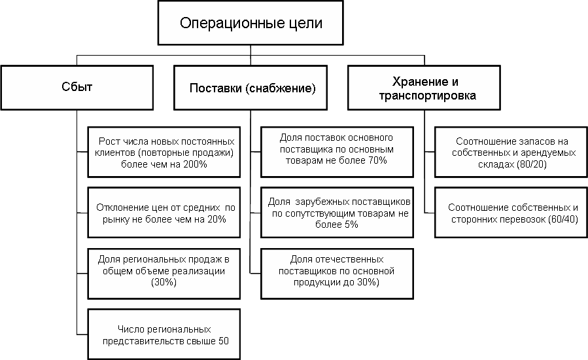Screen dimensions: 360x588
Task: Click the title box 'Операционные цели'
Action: point(251,24)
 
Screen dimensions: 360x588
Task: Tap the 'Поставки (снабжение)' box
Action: point(251,88)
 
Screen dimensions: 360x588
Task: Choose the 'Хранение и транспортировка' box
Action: point(434,88)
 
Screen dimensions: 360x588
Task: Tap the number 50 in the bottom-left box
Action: point(224,340)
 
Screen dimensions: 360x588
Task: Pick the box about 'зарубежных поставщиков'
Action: point(338,213)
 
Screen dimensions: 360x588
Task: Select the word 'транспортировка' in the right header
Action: point(434,96)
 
